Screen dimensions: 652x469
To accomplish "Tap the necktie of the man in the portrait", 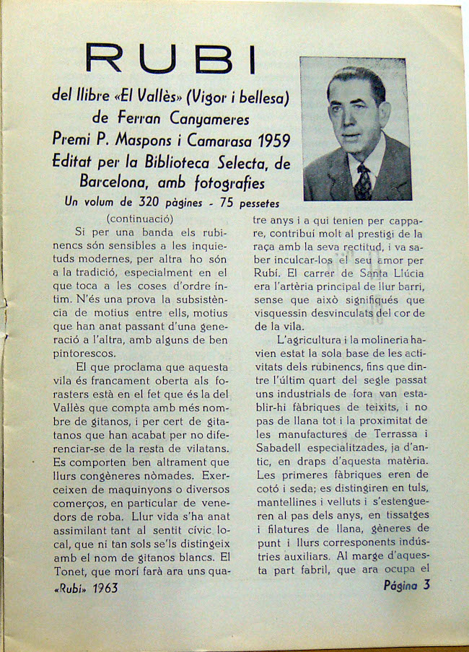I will tap(362, 182).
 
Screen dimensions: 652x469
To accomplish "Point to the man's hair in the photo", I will tap(356, 78).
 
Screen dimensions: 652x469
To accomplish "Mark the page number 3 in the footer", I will tap(426, 584).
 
